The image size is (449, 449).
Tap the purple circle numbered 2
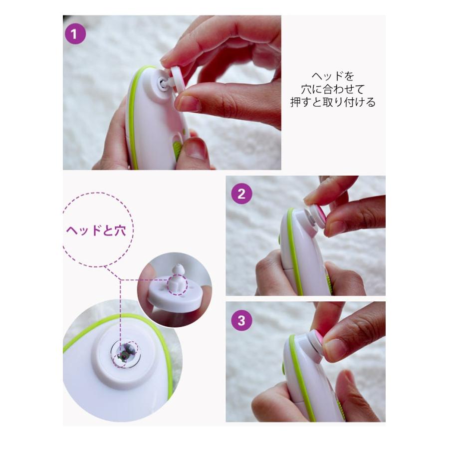(241, 194)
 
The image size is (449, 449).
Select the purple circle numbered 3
(241, 320)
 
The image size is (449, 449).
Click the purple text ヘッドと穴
(96, 230)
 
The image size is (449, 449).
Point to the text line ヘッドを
(333, 76)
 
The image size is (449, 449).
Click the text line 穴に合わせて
(333, 89)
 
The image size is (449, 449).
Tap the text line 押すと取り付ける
(333, 102)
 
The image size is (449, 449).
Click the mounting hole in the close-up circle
(125, 354)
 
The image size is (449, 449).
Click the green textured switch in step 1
(177, 149)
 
